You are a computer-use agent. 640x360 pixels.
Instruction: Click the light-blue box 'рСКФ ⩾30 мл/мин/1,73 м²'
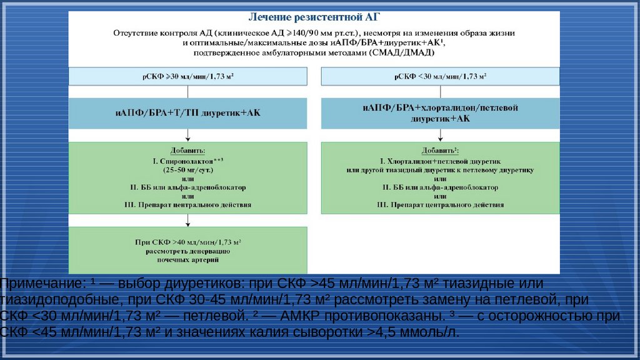click(188, 76)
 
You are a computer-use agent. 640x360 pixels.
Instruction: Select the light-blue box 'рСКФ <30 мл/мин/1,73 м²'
click(440, 76)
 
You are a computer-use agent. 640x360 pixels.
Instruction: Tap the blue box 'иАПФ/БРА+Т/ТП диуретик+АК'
click(188, 113)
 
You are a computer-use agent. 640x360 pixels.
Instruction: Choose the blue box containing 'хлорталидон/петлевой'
click(440, 112)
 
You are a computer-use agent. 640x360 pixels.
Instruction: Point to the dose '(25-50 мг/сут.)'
click(187, 169)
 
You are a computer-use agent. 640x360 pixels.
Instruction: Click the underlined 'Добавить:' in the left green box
click(187, 151)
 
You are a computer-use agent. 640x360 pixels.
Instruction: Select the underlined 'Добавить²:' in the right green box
click(440, 151)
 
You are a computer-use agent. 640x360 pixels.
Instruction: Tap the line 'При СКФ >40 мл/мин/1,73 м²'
click(187, 242)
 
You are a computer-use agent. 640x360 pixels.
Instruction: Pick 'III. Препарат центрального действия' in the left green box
click(187, 204)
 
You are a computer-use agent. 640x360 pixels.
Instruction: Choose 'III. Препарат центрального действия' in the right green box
click(440, 204)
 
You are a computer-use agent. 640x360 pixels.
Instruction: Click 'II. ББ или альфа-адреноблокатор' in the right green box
click(440, 187)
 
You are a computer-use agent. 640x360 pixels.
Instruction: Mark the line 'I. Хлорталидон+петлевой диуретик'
click(440, 161)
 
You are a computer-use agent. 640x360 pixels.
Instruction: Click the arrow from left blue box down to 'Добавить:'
click(188, 135)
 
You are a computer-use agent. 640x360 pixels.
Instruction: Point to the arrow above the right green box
click(440, 135)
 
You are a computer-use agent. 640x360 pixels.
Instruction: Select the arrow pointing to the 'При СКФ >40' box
click(188, 219)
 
